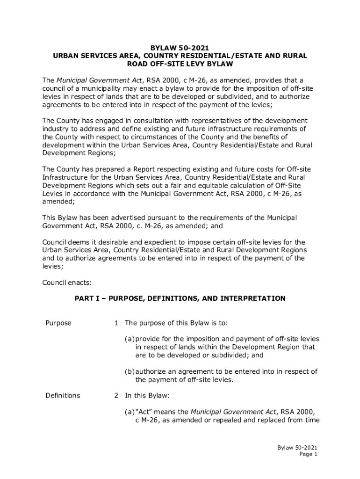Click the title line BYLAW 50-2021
(180, 48)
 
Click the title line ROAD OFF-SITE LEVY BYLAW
(180, 64)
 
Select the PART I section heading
(180, 298)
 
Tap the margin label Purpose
(58, 323)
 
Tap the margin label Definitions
(63, 395)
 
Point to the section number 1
(116, 323)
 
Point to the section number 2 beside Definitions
(116, 395)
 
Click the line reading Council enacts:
(67, 282)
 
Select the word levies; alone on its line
(53, 266)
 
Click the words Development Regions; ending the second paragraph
(79, 152)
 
